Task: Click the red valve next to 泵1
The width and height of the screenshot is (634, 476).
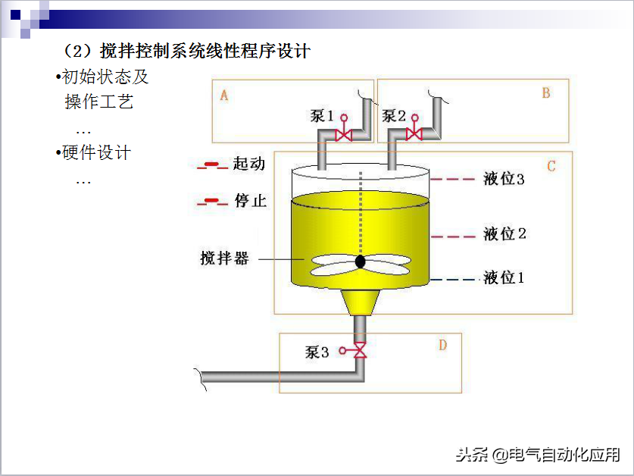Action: [x=343, y=135]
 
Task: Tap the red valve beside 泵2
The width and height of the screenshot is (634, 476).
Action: [x=414, y=134]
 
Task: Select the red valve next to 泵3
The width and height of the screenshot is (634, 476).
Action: [x=361, y=351]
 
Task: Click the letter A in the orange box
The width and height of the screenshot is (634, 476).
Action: [x=224, y=96]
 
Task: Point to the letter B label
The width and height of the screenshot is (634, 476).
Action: [x=545, y=93]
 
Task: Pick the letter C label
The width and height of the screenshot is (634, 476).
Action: [x=551, y=165]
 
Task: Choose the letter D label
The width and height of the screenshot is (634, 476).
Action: [x=442, y=346]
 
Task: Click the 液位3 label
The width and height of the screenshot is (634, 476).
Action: [x=504, y=180]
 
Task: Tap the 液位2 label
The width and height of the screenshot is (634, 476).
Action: [x=504, y=234]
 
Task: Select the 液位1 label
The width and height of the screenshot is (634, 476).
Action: [x=504, y=278]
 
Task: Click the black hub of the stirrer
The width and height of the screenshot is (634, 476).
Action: [x=360, y=262]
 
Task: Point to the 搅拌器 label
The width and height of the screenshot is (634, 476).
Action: [x=224, y=258]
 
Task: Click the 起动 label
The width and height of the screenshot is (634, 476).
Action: [x=249, y=164]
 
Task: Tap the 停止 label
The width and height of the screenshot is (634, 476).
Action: [x=250, y=201]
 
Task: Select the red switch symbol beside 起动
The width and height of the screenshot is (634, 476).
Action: [x=212, y=165]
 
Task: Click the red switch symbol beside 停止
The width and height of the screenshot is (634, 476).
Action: [x=212, y=202]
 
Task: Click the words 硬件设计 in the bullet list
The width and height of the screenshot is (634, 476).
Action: [x=97, y=153]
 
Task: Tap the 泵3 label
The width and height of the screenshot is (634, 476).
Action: [x=317, y=352]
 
